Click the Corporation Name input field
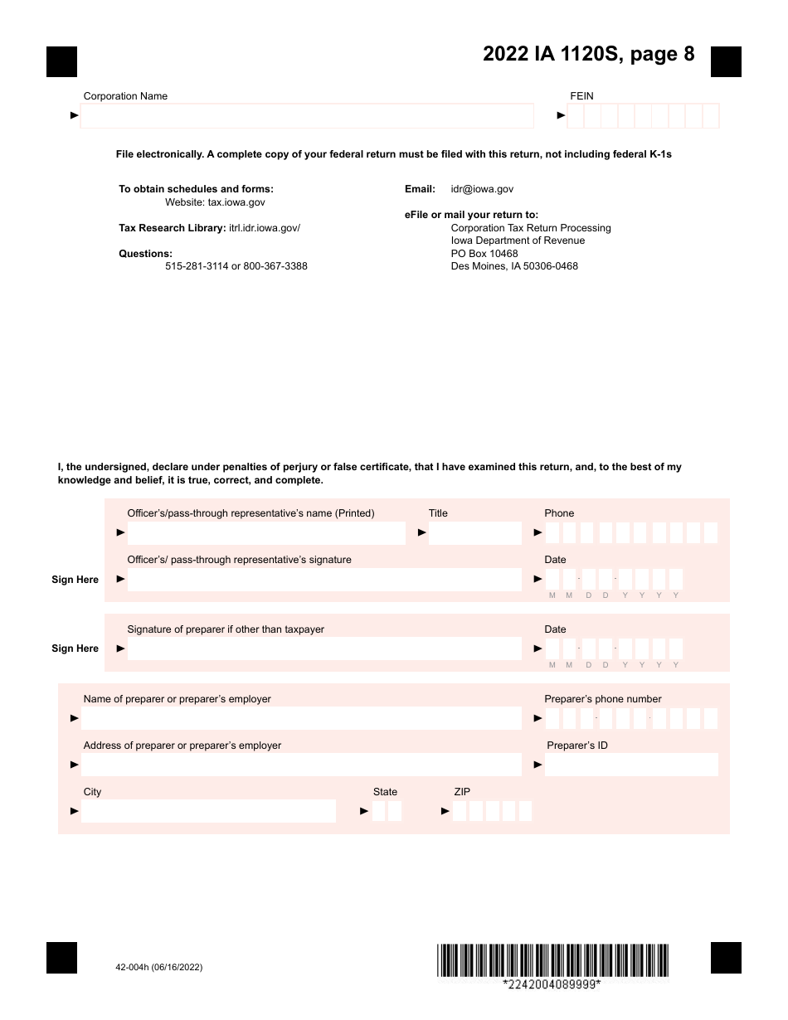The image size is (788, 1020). tap(307, 116)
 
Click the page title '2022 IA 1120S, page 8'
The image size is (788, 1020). tap(589, 55)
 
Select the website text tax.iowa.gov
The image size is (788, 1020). tap(236, 202)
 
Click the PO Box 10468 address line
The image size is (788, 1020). tap(484, 254)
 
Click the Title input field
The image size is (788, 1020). tap(475, 533)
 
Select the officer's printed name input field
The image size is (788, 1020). tap(266, 533)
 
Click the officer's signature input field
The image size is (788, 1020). tap(324, 580)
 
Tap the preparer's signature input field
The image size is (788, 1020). tap(324, 648)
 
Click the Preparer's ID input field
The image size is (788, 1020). tap(631, 765)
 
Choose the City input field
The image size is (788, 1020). tap(208, 811)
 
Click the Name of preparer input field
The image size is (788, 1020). tap(301, 718)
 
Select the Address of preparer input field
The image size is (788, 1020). tap(301, 765)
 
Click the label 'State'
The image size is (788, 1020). tap(385, 792)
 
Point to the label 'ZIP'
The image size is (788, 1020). tap(462, 792)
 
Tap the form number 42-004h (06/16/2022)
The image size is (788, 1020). tap(159, 967)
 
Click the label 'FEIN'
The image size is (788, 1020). tap(581, 96)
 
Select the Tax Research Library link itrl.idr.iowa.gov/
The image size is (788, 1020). tap(265, 228)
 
